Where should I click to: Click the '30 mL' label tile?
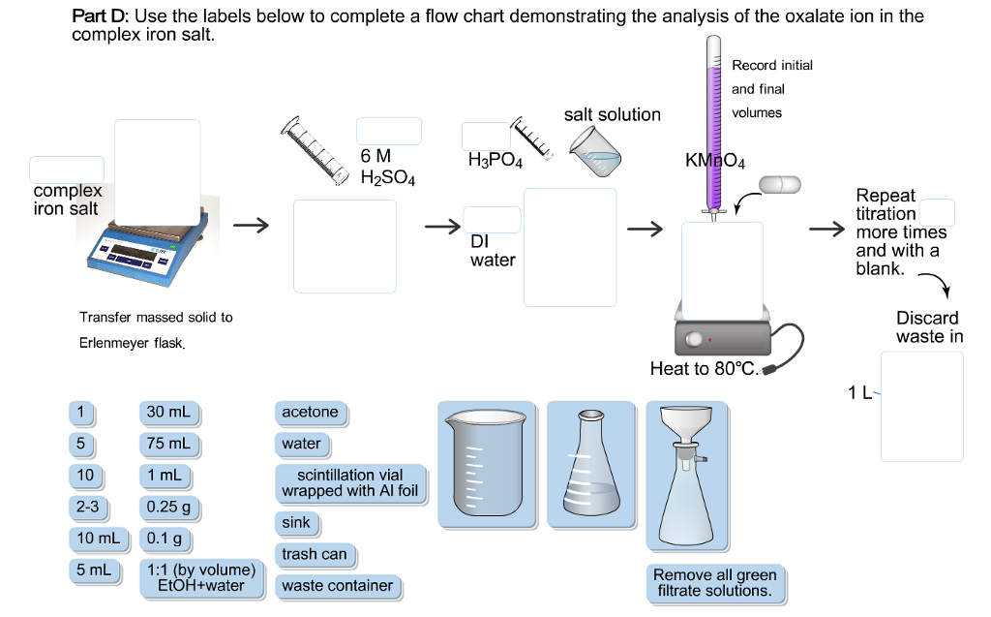(x=167, y=413)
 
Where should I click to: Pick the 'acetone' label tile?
(x=310, y=413)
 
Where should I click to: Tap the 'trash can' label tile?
(x=314, y=555)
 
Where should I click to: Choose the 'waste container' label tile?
(x=337, y=586)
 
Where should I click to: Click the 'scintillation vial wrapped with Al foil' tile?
(x=349, y=482)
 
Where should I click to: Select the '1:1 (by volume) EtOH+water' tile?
(x=199, y=577)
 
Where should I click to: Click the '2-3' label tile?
(x=88, y=507)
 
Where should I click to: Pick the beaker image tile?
(x=486, y=465)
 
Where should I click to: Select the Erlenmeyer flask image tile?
(x=589, y=465)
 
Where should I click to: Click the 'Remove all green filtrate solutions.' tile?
(x=714, y=582)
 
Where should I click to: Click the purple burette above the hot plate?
(x=714, y=126)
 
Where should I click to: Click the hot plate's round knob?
(x=693, y=340)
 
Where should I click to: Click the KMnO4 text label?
(x=714, y=159)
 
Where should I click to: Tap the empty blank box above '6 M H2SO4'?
(x=388, y=131)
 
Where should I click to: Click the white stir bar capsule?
(x=781, y=184)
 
